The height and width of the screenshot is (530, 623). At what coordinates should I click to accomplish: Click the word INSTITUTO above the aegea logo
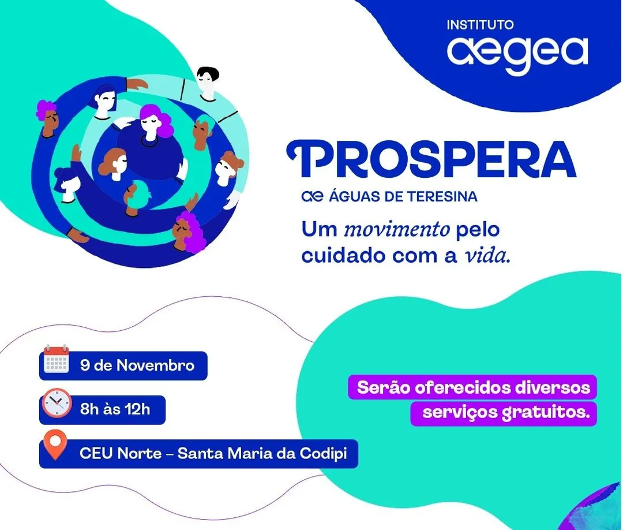click(480, 25)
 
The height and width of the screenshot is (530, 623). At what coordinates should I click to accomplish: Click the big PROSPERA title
click(431, 159)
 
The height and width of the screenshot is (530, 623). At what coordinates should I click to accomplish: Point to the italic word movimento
click(396, 230)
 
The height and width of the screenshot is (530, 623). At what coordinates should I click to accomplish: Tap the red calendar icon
click(56, 359)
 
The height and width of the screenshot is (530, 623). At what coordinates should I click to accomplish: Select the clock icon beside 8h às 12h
click(57, 403)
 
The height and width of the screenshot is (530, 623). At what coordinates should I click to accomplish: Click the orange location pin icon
click(55, 445)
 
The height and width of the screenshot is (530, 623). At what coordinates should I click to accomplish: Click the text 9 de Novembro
click(137, 365)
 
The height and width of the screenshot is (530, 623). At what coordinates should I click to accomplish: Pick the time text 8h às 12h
click(115, 409)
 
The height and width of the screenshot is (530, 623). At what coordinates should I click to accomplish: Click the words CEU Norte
click(121, 453)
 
